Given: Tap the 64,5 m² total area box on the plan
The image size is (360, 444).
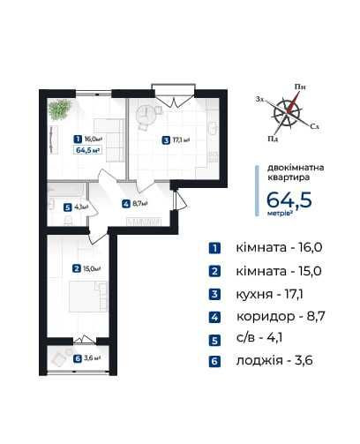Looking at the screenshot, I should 88,150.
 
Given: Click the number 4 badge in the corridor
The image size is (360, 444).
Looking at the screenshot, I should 126,203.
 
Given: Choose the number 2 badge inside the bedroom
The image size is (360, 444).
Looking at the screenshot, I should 77,269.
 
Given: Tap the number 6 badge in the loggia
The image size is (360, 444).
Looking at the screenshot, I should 78,358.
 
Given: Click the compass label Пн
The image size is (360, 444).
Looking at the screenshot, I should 300,86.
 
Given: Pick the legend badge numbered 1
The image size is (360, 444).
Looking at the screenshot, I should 214,248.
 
